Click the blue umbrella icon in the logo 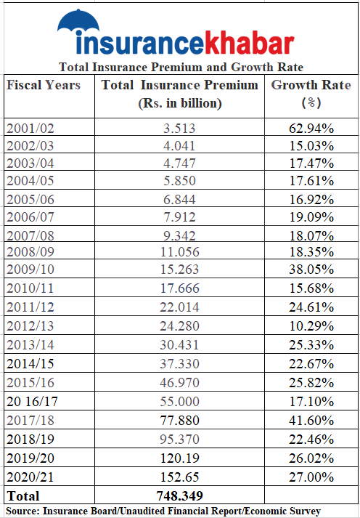click(78, 21)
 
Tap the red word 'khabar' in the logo click(249, 43)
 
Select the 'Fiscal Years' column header click(44, 85)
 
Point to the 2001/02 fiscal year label click(30, 129)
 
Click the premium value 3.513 click(179, 129)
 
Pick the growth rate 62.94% click(311, 129)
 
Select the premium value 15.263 click(179, 270)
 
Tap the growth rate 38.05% click(311, 270)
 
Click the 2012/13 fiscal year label click(30, 326)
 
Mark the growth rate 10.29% click(311, 326)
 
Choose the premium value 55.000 click(180, 401)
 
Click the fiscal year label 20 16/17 click(32, 401)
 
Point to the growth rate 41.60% click(311, 420)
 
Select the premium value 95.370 click(180, 439)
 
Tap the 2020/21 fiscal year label click(30, 477)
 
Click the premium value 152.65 click(180, 477)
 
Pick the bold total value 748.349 click(179, 495)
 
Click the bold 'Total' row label click(23, 496)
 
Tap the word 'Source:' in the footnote click(22, 511)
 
